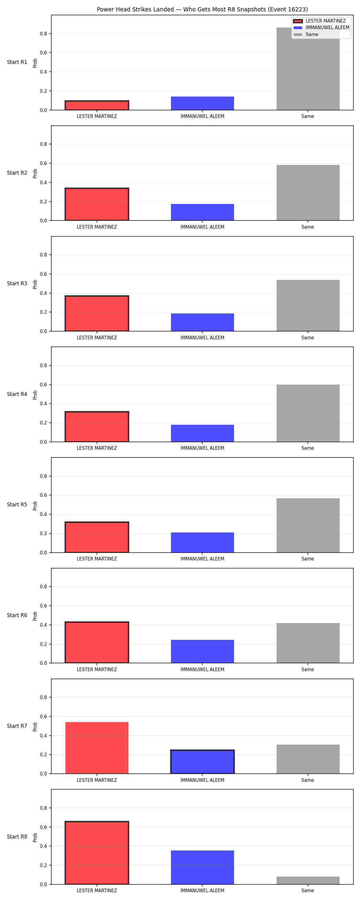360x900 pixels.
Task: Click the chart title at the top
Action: click(202, 9)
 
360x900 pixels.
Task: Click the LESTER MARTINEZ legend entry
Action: click(319, 21)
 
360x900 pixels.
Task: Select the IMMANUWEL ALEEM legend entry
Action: click(321, 28)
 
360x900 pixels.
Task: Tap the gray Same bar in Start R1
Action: click(308, 69)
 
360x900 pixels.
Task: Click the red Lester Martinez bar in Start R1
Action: click(97, 106)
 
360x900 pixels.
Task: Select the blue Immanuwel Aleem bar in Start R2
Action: click(202, 212)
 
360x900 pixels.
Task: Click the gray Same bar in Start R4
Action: click(308, 413)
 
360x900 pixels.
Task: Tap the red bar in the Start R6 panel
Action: click(97, 643)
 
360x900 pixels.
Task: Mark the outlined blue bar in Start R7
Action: click(202, 762)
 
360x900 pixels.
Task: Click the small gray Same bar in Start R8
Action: click(308, 880)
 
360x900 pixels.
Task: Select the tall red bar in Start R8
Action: click(97, 853)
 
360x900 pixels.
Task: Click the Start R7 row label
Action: click(17, 726)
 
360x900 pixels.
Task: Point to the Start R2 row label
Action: click(17, 173)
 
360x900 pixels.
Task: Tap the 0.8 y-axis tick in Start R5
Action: click(43, 476)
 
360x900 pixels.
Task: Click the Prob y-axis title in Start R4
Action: click(35, 395)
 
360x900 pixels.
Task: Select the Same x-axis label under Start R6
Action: click(307, 669)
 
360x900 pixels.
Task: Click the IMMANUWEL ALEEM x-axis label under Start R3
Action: click(202, 337)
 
